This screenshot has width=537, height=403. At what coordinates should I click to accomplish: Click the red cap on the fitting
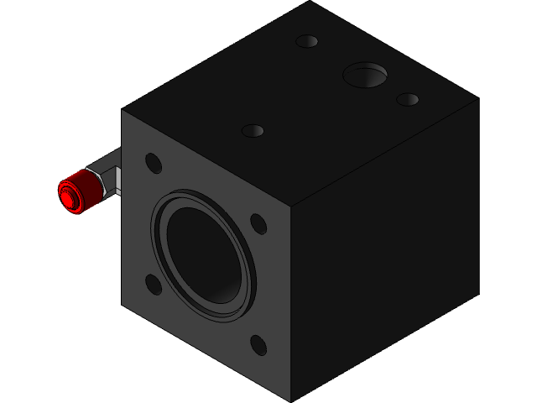(x=72, y=192)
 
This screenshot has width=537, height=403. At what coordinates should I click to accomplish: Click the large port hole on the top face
(x=365, y=75)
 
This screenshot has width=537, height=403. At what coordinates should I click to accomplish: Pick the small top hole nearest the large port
(x=408, y=99)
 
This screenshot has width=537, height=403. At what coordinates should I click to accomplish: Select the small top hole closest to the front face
(x=253, y=130)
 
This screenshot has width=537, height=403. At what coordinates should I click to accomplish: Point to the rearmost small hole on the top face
(x=307, y=40)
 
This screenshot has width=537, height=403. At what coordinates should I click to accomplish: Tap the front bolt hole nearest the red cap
(x=154, y=162)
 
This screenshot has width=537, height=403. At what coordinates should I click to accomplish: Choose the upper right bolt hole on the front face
(x=258, y=223)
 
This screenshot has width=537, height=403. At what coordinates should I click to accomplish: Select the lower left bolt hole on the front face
(x=154, y=285)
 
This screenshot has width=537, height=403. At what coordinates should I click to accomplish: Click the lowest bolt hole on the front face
(x=258, y=345)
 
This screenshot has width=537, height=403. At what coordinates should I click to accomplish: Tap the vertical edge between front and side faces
(x=290, y=302)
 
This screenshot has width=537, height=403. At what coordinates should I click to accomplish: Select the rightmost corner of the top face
(x=478, y=99)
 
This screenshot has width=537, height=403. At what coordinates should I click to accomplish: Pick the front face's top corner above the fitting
(x=123, y=109)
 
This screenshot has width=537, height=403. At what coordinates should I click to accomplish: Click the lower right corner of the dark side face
(x=478, y=295)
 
